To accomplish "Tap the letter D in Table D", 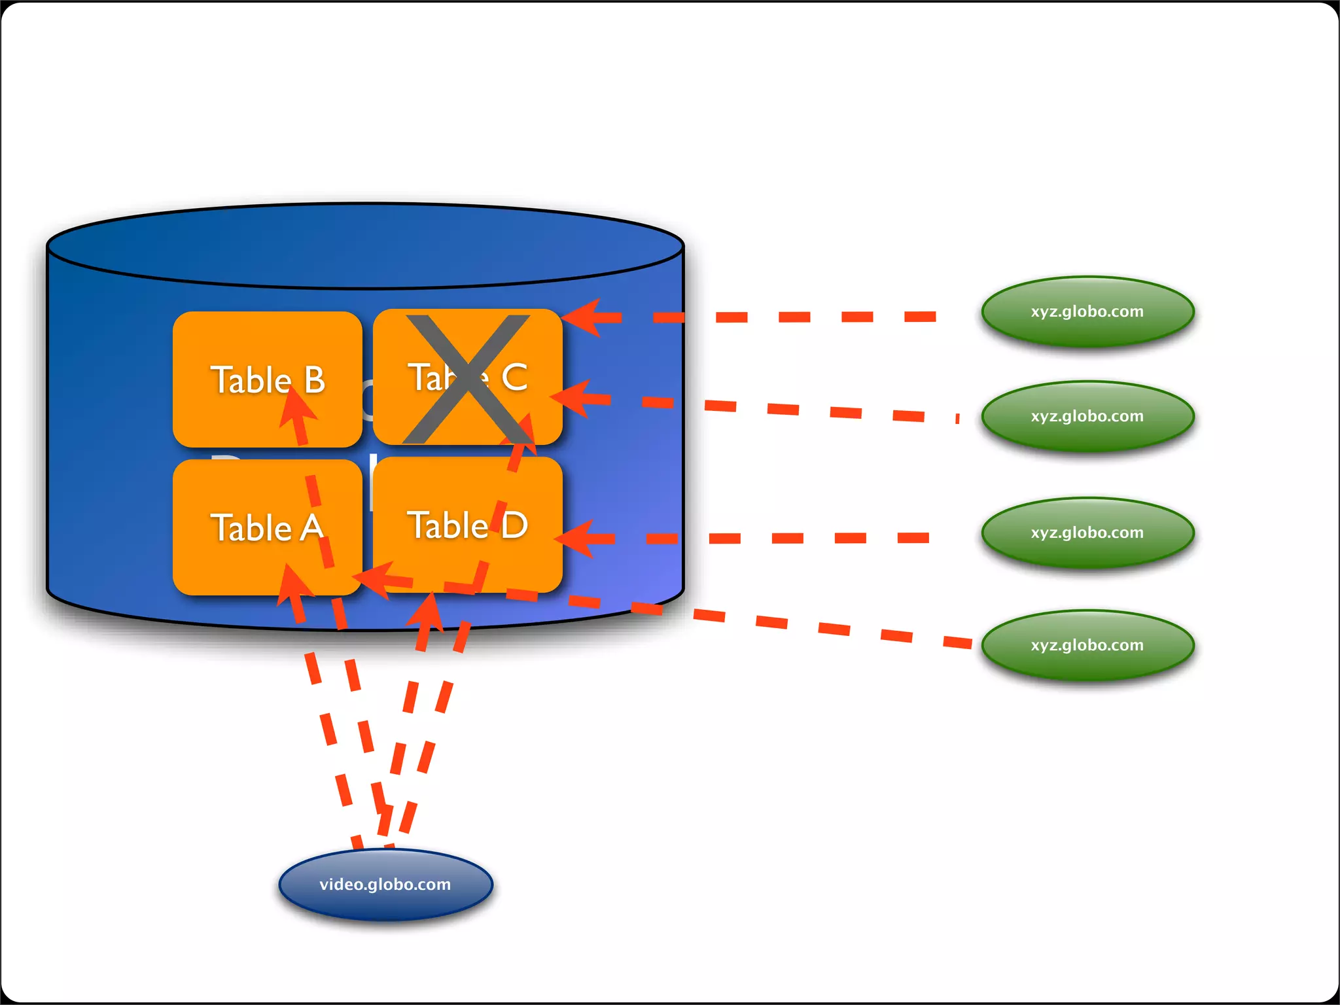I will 515,525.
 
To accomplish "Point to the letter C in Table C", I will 515,378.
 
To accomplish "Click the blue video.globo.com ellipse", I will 385,885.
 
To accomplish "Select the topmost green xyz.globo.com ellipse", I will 1087,311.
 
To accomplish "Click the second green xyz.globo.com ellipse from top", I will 1087,416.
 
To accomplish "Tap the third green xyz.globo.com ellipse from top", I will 1087,533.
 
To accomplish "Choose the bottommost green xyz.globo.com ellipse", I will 1087,645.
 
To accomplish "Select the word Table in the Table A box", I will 251,528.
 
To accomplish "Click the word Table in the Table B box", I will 251,380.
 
